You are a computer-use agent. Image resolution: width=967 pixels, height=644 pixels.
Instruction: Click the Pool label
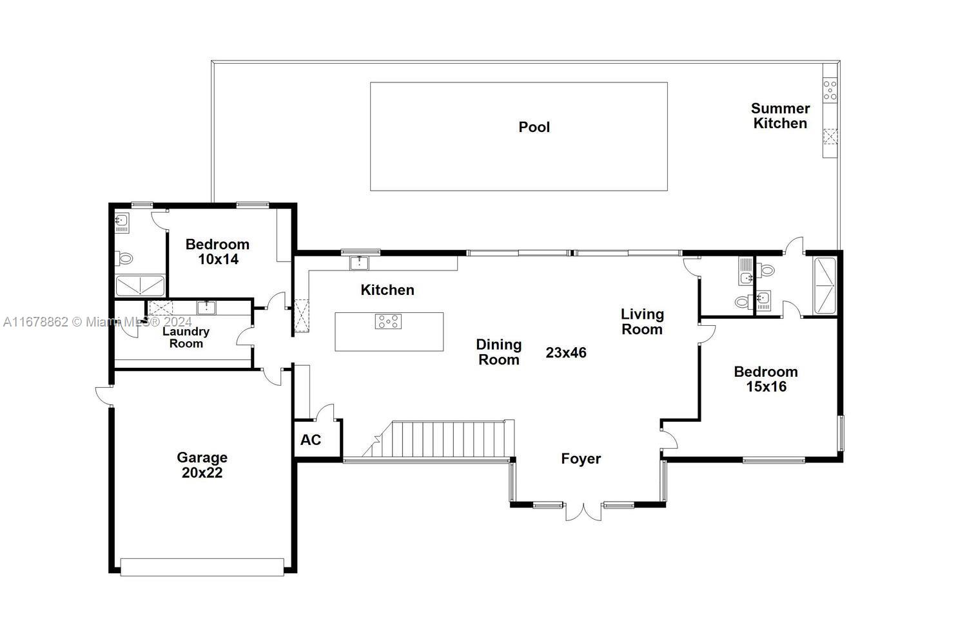(x=534, y=127)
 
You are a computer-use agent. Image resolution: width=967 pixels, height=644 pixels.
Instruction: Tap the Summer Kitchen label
(x=780, y=116)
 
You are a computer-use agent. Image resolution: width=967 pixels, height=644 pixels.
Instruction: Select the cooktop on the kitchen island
(x=388, y=321)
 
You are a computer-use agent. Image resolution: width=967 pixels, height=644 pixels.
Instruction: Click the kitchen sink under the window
(x=359, y=263)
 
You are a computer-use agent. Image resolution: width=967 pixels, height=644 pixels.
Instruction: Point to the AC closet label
(x=311, y=440)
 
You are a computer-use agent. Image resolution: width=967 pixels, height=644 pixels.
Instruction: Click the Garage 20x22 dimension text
(x=202, y=473)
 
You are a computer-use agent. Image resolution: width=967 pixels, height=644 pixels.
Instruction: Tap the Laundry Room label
(x=186, y=337)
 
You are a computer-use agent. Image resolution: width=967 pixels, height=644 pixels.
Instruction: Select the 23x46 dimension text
(x=565, y=353)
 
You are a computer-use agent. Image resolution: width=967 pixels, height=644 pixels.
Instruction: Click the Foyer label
(x=580, y=459)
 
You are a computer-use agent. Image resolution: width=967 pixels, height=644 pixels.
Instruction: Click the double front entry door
(x=583, y=511)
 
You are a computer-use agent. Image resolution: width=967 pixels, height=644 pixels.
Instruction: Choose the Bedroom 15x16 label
(x=765, y=379)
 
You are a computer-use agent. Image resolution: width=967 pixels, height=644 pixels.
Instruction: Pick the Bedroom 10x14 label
(x=217, y=252)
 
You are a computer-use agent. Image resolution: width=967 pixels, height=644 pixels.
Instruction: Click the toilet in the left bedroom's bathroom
(x=124, y=258)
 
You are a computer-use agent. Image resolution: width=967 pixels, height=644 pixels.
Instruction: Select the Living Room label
(x=641, y=321)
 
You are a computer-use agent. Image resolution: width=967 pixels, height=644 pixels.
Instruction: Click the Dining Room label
(x=498, y=352)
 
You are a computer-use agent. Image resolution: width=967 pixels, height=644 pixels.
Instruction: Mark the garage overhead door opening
(x=202, y=567)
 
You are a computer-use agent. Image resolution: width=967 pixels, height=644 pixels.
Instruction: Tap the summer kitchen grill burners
(x=830, y=90)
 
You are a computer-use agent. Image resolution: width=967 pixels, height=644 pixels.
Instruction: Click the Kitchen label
(x=387, y=290)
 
